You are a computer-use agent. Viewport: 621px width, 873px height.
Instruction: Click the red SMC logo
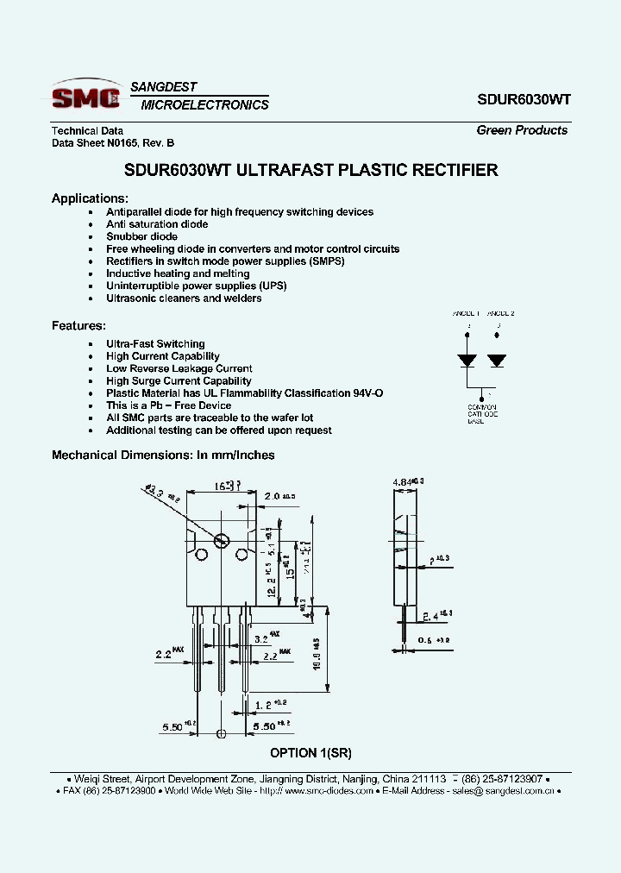pos(85,97)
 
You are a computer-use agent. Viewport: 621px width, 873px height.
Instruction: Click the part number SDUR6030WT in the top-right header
pos(524,99)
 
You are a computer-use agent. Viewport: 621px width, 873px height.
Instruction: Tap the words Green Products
pos(522,130)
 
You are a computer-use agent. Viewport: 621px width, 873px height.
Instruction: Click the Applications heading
pos(90,198)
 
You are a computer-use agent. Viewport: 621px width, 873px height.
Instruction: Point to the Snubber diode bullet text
pos(141,236)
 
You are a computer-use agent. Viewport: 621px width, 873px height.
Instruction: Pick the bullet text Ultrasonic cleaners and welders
pos(184,298)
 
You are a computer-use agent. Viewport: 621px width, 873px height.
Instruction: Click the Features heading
pos(78,326)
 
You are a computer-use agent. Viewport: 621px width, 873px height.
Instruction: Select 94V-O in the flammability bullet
pos(366,393)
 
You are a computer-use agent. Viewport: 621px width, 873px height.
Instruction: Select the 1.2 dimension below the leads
pos(265,705)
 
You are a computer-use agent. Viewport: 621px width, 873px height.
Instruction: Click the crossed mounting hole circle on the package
pos(220,542)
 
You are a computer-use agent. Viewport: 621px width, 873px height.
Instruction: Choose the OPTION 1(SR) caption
pos(310,752)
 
